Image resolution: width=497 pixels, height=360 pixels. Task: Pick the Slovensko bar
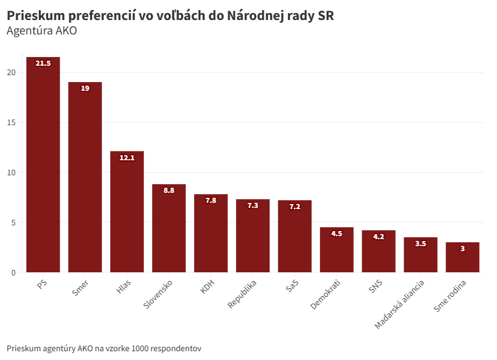point(169,229)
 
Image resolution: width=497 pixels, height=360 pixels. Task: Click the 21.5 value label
point(43,63)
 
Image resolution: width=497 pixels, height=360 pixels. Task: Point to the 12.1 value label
point(127,158)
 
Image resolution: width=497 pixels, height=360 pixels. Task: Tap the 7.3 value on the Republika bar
point(253,205)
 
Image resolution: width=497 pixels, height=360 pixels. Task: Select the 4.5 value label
point(337,234)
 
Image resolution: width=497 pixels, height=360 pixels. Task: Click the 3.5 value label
point(421,244)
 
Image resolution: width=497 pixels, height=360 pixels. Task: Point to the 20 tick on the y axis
point(11,72)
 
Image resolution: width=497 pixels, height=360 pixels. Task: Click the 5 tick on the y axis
point(13,222)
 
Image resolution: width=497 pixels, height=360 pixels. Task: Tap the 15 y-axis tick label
point(11,122)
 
